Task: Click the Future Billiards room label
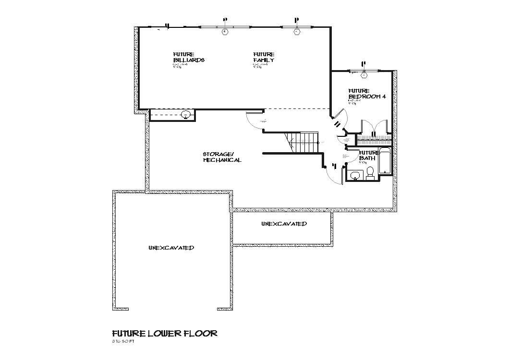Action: click(x=189, y=57)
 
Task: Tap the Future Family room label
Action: click(x=264, y=57)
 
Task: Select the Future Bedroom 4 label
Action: click(x=366, y=94)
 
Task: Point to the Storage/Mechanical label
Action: click(x=221, y=157)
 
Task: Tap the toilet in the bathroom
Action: click(x=370, y=173)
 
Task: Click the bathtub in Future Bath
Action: click(x=386, y=162)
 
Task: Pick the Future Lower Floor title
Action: click(x=165, y=333)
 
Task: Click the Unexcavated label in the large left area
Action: click(x=171, y=248)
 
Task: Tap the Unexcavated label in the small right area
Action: click(x=284, y=224)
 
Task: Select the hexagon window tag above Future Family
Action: click(x=297, y=32)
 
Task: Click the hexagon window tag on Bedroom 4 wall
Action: click(x=364, y=74)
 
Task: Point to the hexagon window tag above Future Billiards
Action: click(x=224, y=32)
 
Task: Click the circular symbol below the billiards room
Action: click(x=185, y=114)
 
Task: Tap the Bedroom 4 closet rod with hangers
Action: click(x=373, y=140)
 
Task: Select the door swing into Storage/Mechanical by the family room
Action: click(x=254, y=120)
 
